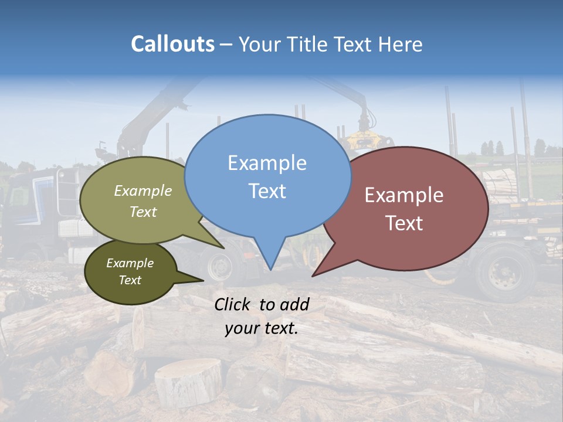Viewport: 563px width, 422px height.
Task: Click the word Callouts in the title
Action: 172,44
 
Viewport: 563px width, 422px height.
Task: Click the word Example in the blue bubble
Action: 267,163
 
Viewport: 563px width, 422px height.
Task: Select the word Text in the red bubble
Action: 404,223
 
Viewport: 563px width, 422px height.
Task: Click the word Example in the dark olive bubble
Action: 130,263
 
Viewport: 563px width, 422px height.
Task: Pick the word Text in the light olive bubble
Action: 143,212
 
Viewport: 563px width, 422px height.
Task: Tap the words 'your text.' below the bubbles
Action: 261,328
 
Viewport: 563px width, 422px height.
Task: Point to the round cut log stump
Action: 188,381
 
